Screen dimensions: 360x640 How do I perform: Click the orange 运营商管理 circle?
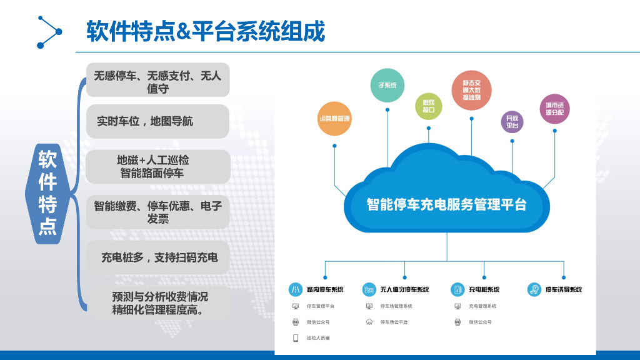(335, 118)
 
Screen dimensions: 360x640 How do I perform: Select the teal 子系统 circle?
(387, 86)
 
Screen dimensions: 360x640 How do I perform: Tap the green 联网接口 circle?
(429, 106)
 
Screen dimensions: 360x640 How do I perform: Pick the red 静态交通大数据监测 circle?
(471, 90)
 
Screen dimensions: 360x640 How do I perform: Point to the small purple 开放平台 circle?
(512, 121)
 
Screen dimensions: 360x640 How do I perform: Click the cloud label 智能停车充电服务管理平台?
(446, 204)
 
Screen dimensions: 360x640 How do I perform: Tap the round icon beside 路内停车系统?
(296, 289)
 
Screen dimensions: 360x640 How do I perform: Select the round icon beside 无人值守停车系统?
(369, 289)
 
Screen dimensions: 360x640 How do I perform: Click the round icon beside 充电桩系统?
(457, 289)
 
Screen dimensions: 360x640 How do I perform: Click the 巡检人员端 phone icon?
(296, 338)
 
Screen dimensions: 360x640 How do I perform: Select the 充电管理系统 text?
(482, 306)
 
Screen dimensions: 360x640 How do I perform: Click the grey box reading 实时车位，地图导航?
(157, 121)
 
